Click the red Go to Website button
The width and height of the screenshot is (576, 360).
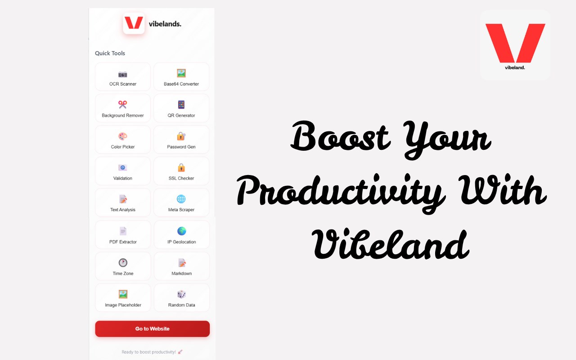click(x=152, y=328)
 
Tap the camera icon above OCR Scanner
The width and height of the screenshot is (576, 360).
click(x=123, y=74)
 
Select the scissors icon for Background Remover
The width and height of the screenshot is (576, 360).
click(x=123, y=104)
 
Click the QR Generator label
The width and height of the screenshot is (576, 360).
click(x=181, y=116)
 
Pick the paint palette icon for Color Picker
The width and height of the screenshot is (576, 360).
click(x=123, y=136)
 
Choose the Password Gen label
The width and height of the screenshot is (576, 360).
click(x=181, y=147)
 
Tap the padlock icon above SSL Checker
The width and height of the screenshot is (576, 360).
click(x=181, y=167)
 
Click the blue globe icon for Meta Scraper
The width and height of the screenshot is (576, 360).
click(x=181, y=199)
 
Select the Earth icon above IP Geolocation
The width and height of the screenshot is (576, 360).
click(x=181, y=231)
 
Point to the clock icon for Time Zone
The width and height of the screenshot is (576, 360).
click(x=123, y=262)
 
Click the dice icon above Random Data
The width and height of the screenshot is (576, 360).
click(x=181, y=294)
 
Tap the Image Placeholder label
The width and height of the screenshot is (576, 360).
click(x=123, y=305)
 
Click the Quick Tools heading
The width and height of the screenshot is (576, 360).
click(x=110, y=53)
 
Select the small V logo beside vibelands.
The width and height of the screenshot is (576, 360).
click(x=134, y=23)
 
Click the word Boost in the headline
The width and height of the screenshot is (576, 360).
click(x=341, y=136)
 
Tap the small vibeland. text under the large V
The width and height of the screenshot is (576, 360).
click(x=515, y=67)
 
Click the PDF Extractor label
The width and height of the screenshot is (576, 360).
click(x=123, y=242)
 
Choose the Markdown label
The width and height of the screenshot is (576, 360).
click(x=181, y=273)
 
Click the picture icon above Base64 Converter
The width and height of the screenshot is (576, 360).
click(x=181, y=73)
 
